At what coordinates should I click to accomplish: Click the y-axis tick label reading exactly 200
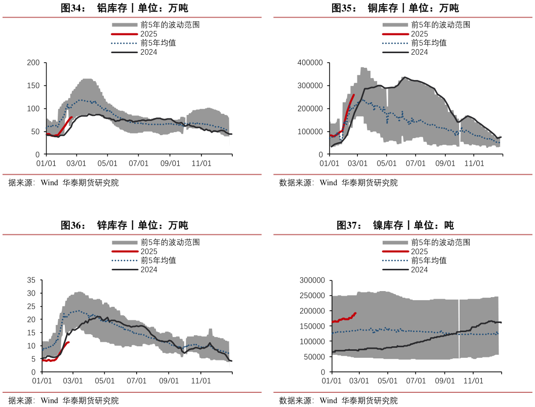pyautogui.click(x=33, y=63)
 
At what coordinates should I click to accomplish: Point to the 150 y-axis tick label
pyautogui.click(x=33, y=86)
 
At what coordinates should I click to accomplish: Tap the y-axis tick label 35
pyautogui.click(x=31, y=280)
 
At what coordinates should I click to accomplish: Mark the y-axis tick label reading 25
pyautogui.click(x=31, y=306)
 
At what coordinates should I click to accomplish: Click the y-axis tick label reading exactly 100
pyautogui.click(x=33, y=109)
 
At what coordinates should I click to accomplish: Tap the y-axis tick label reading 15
pyautogui.click(x=31, y=333)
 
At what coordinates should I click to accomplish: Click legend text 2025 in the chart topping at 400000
pyautogui.click(x=420, y=34)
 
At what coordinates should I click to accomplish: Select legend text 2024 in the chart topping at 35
pyautogui.click(x=149, y=270)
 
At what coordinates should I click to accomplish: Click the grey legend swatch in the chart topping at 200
pyautogui.click(x=124, y=25)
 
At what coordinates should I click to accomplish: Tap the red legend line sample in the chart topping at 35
pyautogui.click(x=124, y=252)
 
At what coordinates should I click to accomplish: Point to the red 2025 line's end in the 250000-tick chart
pyautogui.click(x=355, y=313)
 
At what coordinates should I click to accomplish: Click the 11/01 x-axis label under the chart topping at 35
pyautogui.click(x=200, y=381)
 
